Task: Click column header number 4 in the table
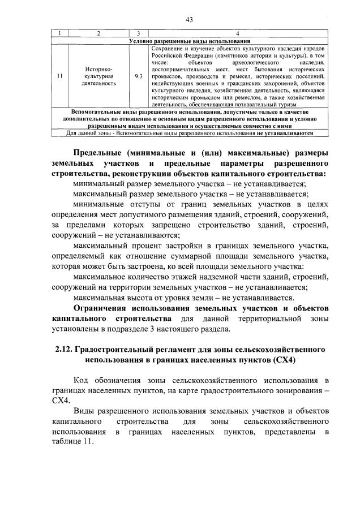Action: (x=237, y=35)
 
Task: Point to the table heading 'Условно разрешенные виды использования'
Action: (x=190, y=41)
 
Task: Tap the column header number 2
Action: (x=98, y=35)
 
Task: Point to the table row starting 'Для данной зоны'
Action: (x=190, y=134)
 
